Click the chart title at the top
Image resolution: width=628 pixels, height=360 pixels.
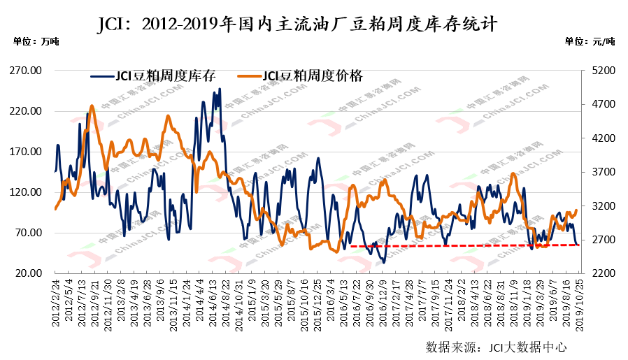pyautogui.click(x=297, y=25)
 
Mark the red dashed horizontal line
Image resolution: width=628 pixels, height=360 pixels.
pyautogui.click(x=462, y=245)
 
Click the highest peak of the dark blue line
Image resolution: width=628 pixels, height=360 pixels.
pyautogui.click(x=220, y=89)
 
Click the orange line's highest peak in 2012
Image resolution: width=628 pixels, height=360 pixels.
pyautogui.click(x=92, y=106)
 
